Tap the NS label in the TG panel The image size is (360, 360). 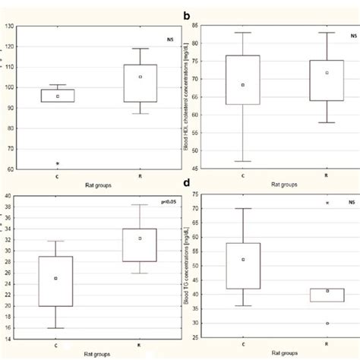pos(350,203)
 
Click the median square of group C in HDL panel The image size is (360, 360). pos(243,85)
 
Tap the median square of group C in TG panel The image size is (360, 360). pos(243,260)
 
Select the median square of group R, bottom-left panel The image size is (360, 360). pos(140,238)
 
